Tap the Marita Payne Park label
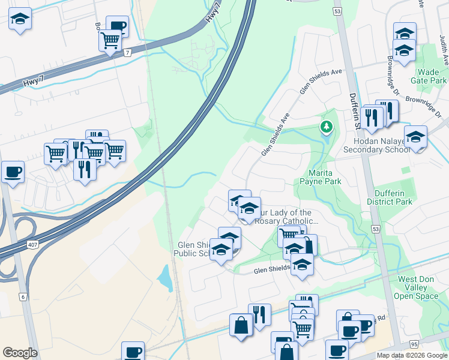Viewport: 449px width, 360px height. (x=324, y=176)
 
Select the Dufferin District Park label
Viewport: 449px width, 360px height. (x=393, y=198)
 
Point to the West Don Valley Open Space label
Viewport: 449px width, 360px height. (x=418, y=287)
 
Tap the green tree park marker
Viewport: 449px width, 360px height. (x=326, y=127)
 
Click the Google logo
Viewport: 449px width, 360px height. (x=20, y=353)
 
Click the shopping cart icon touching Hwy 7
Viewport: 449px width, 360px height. (x=110, y=40)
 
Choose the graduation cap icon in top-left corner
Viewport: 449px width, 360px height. (x=20, y=19)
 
